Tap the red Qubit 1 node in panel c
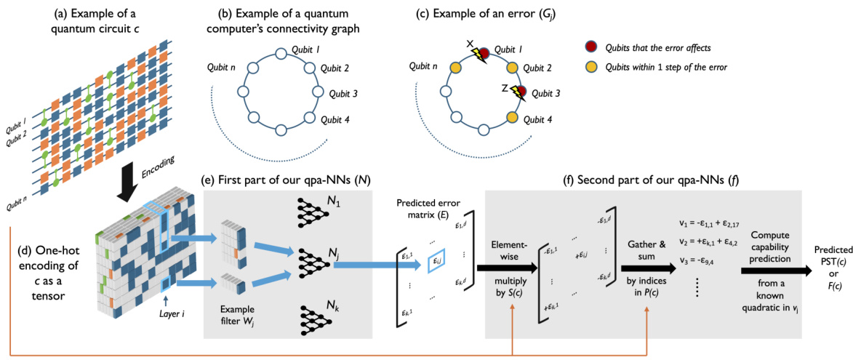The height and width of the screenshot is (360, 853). (481, 54)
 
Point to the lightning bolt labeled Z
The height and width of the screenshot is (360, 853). (518, 91)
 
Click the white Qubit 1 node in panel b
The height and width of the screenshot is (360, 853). (281, 54)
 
